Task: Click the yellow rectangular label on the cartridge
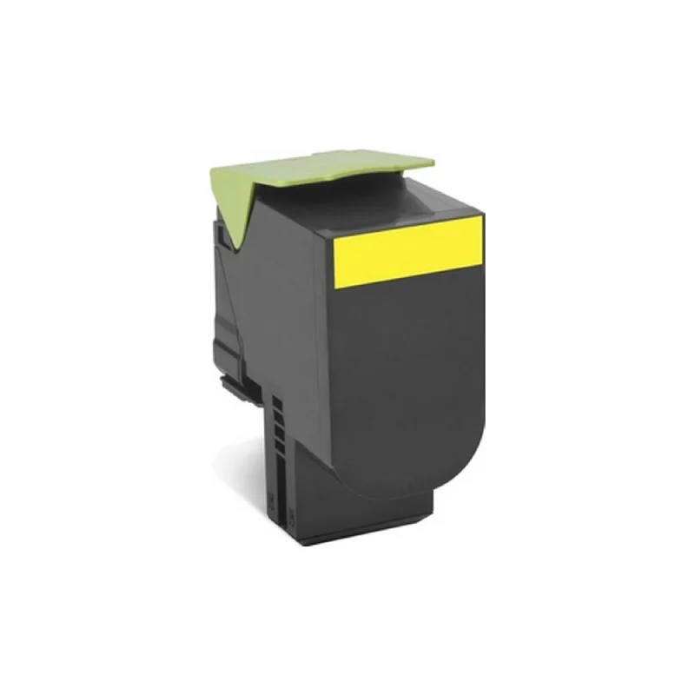(x=408, y=248)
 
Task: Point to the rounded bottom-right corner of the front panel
(x=465, y=469)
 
